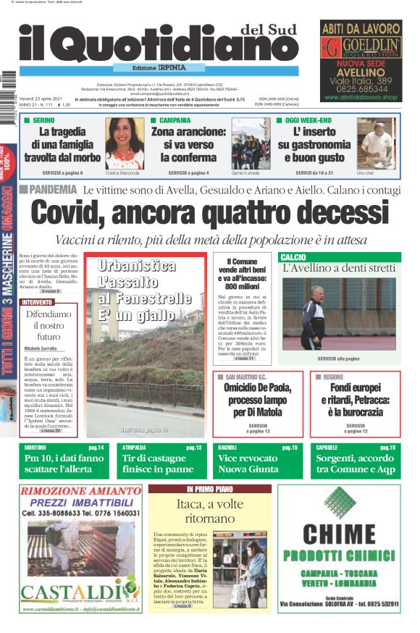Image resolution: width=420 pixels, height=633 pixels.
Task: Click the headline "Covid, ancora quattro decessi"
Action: (209, 214)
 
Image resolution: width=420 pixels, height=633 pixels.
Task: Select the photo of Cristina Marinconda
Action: (125, 143)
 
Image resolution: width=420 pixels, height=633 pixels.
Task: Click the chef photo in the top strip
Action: (376, 143)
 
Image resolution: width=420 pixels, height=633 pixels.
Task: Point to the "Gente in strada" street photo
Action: (250, 143)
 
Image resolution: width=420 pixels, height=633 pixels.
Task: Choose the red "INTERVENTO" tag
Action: (37, 302)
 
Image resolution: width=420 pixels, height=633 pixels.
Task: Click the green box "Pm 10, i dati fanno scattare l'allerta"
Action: (64, 464)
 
